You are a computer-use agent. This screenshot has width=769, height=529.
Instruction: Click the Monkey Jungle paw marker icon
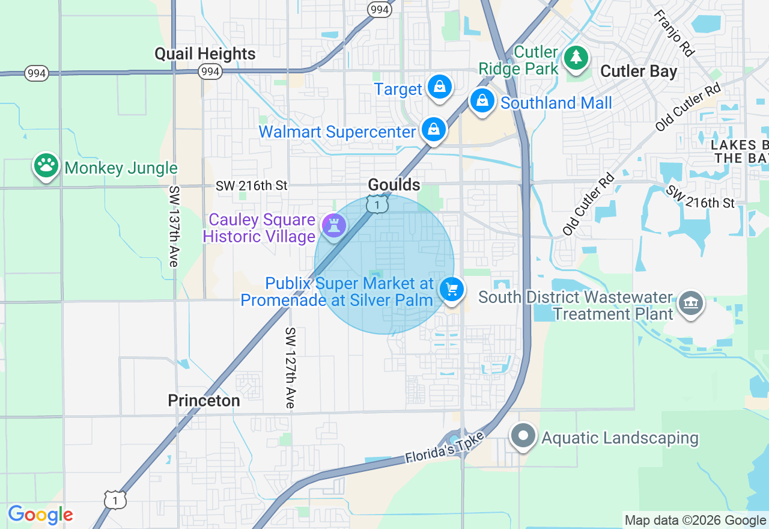[46, 165]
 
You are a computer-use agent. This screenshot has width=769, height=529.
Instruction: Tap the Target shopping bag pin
[440, 87]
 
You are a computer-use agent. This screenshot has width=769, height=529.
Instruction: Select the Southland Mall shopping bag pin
[482, 101]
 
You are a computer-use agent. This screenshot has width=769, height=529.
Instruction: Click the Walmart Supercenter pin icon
[433, 129]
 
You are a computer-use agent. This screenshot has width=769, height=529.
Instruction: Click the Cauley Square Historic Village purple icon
[333, 225]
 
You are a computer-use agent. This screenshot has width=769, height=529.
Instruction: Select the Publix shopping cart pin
[452, 290]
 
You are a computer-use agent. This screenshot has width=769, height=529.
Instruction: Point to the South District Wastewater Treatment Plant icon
[690, 304]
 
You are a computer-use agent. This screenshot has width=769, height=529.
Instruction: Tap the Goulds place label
[394, 185]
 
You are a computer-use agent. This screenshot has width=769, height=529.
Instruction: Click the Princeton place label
[204, 400]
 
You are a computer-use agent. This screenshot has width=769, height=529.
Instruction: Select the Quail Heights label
[205, 54]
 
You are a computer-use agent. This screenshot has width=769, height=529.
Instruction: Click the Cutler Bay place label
[639, 72]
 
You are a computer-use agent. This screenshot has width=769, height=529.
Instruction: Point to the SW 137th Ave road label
[174, 226]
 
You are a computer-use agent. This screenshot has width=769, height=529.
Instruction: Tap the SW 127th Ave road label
[291, 368]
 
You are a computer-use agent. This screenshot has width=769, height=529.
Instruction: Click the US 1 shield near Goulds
[377, 205]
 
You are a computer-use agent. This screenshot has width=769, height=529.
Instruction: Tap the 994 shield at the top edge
[380, 9]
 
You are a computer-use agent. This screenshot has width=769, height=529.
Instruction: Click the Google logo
[40, 515]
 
